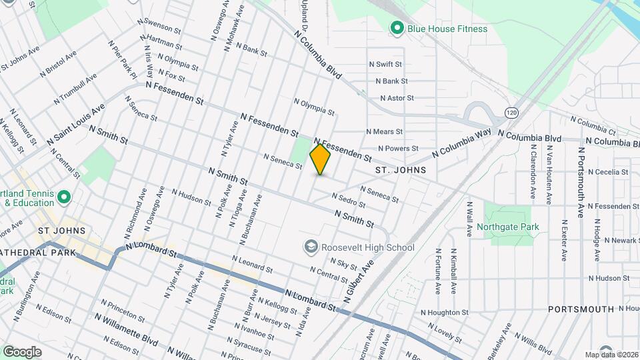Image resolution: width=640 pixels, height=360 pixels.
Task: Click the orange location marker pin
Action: [x=320, y=159]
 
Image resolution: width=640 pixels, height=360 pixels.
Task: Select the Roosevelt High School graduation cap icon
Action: [x=310, y=247]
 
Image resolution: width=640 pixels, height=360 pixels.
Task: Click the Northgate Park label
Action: [x=507, y=227]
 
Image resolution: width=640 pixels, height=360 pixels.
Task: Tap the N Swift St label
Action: [x=386, y=65]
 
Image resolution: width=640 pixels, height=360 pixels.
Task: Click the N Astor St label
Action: [x=397, y=98]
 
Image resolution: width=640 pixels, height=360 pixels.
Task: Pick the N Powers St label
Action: [x=397, y=148]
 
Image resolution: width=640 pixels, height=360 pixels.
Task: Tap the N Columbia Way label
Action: [x=461, y=144]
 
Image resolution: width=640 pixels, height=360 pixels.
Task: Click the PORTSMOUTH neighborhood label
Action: [x=581, y=309]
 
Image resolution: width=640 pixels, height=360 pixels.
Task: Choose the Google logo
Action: [x=22, y=351]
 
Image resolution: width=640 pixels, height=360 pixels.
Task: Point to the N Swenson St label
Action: [x=159, y=26]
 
